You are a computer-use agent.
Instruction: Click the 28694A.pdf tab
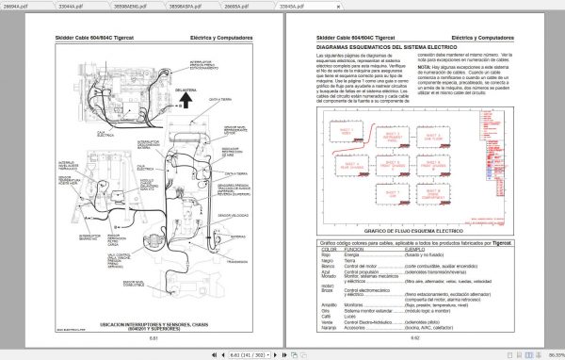(15, 6)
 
